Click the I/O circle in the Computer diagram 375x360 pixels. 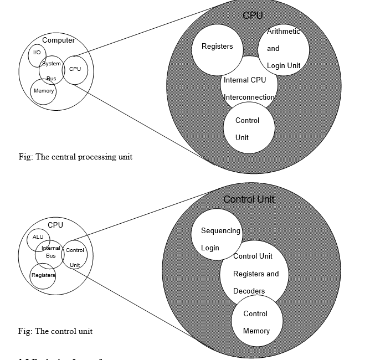click(37, 54)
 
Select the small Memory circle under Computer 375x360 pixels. click(44, 91)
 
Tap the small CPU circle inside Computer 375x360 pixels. click(75, 69)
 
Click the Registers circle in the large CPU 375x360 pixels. click(217, 47)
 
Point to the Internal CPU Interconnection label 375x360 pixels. click(249, 89)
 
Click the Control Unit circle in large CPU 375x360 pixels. click(249, 128)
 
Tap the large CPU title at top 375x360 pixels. click(253, 16)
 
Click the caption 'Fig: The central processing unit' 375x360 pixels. click(75, 157)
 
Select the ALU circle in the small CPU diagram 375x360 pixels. click(38, 238)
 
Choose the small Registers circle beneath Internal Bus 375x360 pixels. click(43, 275)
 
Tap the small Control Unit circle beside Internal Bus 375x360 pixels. click(75, 257)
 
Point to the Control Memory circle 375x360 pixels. click(255, 322)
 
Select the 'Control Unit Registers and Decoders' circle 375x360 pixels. click(256, 274)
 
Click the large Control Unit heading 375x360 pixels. click(249, 199)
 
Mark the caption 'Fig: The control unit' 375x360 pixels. click(55, 331)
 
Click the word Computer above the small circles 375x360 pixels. click(58, 40)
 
